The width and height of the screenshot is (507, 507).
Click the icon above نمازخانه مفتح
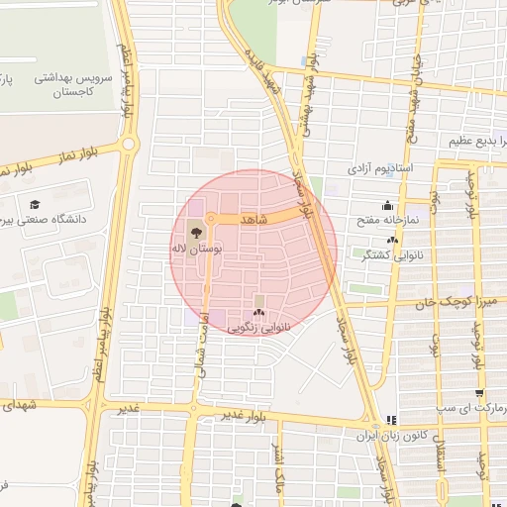pos(386,205)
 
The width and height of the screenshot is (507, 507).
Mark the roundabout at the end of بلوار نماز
pos(129,146)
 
